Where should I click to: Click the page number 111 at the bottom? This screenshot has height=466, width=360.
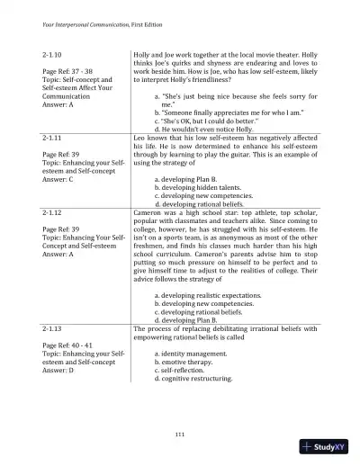click(180, 435)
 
